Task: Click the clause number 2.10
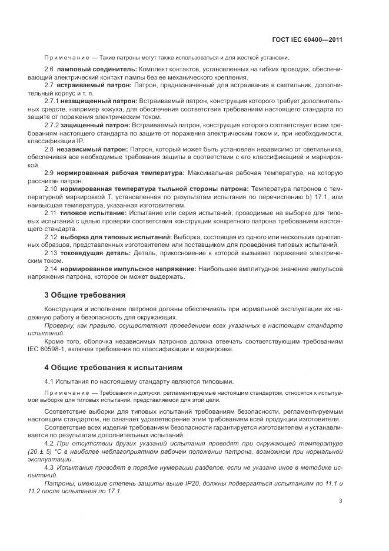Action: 51,189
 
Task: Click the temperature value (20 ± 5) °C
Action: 63,451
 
